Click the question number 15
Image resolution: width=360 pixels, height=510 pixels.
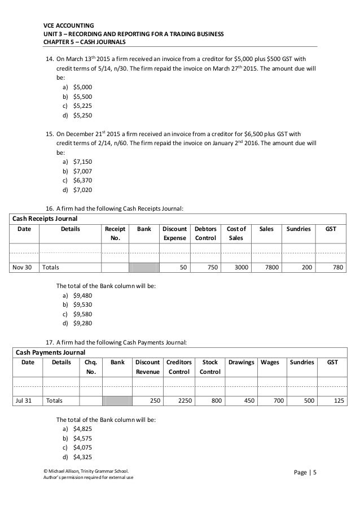(49, 134)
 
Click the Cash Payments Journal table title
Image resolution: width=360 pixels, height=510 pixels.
(47, 350)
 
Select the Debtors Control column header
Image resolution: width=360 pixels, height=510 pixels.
(205, 234)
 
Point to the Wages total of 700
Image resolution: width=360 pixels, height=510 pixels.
(276, 400)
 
